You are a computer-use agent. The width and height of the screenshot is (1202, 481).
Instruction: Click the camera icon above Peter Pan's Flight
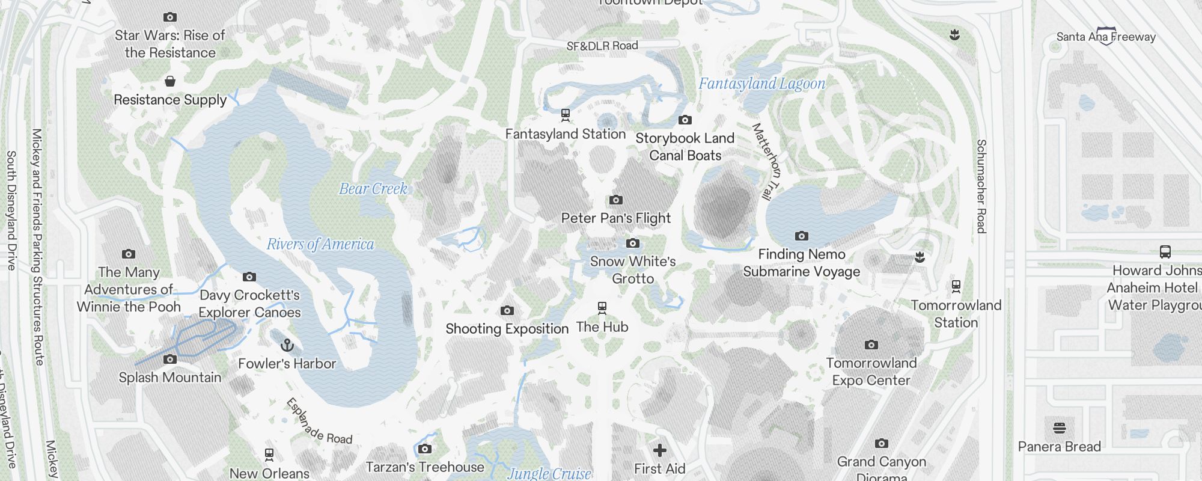coord(615,200)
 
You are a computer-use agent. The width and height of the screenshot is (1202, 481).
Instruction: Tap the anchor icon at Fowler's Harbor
coord(287,346)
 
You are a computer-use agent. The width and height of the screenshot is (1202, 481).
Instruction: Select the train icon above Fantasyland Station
coord(565,114)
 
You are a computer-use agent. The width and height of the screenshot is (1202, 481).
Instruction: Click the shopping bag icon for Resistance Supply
coord(170,81)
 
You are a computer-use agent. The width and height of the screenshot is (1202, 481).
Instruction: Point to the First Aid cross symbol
coord(660,450)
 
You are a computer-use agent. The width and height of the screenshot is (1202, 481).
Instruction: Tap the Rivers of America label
coord(320,244)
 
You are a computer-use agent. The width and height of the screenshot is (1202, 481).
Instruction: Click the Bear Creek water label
coord(373,189)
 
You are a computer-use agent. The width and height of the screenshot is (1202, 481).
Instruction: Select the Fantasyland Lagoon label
coord(761,84)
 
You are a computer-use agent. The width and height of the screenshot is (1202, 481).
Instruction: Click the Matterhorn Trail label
coord(766,161)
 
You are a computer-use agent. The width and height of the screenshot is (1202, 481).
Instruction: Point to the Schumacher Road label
coord(981,186)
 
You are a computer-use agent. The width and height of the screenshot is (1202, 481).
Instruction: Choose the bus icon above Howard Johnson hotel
coord(1165,252)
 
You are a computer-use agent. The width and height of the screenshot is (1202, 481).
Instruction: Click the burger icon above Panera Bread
coord(1059,428)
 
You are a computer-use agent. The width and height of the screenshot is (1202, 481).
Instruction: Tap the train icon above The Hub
coord(602,308)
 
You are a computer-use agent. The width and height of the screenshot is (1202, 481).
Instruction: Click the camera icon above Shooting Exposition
coord(507,311)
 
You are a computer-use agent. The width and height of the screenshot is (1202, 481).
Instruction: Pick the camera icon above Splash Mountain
coord(170,360)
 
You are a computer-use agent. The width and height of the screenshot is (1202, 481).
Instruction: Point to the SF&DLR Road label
coord(602,46)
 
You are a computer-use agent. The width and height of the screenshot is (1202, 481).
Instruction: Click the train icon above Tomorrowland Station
coord(956,287)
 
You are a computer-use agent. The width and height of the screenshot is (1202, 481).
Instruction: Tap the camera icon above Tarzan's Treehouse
coord(424,449)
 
